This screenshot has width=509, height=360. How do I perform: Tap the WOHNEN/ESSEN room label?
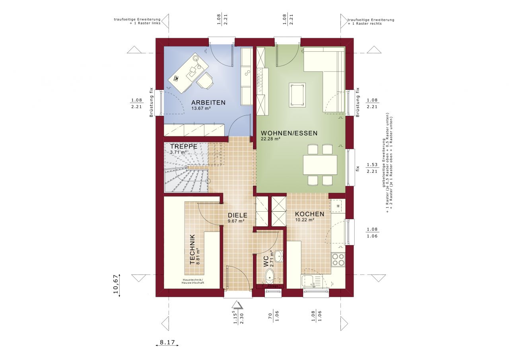pyautogui.click(x=289, y=133)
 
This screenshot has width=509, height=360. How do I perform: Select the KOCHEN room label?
pyautogui.click(x=309, y=214)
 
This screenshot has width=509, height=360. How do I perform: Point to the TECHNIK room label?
pyautogui.click(x=192, y=249)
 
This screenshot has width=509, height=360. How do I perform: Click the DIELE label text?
pyautogui.click(x=237, y=215)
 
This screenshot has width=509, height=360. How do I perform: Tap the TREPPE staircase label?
pyautogui.click(x=184, y=146)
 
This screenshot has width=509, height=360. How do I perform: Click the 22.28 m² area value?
pyautogui.click(x=271, y=139)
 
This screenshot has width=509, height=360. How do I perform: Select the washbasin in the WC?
pyautogui.click(x=279, y=256)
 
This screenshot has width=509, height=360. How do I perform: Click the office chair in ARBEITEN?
pyautogui.click(x=205, y=81)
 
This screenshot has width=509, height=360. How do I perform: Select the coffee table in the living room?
pyautogui.click(x=297, y=95)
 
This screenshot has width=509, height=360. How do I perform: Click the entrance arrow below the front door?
pyautogui.click(x=237, y=305)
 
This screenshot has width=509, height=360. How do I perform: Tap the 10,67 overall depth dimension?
pyautogui.click(x=116, y=284)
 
